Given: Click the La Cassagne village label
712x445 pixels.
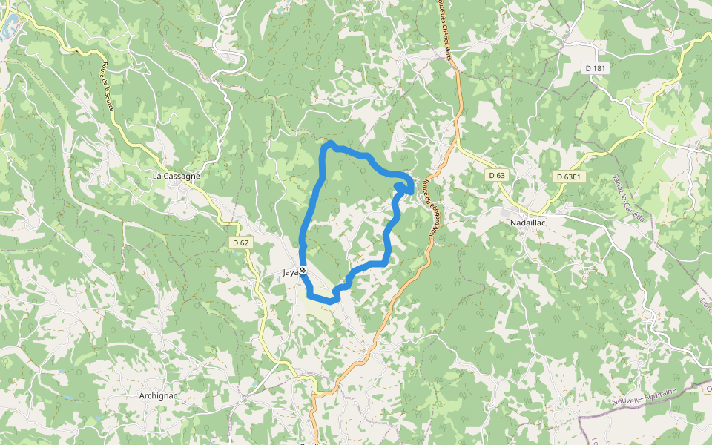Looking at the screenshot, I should pos(177,177).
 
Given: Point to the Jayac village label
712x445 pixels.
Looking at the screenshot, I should pos(291,272).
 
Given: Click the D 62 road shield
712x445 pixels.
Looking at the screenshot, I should pos(240,243).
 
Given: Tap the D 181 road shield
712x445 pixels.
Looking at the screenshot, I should pos(596,68).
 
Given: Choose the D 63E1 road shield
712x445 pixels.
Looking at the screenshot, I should pos(570,177).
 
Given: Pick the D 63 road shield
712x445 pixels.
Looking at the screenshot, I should pos(497,175).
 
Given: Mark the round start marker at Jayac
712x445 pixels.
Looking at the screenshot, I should pos(303,271).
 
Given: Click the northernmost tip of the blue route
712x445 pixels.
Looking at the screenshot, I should pos(330,142).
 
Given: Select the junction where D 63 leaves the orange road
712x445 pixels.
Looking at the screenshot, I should pos(458,146).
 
